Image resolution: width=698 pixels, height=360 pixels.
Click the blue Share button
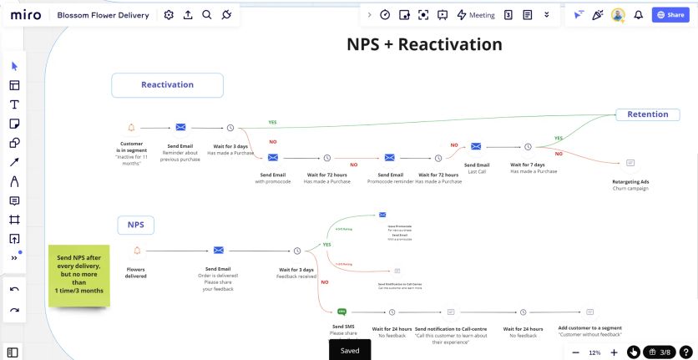[x=670, y=15]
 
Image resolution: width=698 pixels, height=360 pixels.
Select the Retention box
[x=647, y=114]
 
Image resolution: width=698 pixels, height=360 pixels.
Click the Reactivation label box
[x=167, y=85]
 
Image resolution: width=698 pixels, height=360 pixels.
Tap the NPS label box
[x=135, y=225]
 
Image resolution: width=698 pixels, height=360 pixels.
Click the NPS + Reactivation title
[x=424, y=44]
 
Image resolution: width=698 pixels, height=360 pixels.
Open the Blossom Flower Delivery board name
[x=104, y=15]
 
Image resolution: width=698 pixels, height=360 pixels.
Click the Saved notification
[x=350, y=350]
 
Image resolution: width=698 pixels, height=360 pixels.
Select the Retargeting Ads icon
[x=630, y=163]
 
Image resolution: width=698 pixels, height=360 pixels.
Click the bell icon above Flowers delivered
[x=137, y=250]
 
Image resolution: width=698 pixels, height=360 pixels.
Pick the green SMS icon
[x=342, y=312]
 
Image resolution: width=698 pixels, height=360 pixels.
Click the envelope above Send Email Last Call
[x=476, y=147]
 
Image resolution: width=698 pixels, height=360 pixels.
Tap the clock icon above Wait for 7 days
[x=528, y=147]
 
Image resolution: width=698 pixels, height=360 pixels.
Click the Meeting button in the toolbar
[x=476, y=15]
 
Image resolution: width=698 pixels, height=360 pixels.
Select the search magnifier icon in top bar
[x=206, y=15]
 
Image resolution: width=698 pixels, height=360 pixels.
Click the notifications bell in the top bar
[x=639, y=15]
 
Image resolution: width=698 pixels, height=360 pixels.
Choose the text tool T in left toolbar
[x=14, y=104]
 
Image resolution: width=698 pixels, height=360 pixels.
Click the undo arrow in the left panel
[x=14, y=289]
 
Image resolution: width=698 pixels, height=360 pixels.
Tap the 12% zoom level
[x=594, y=352]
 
